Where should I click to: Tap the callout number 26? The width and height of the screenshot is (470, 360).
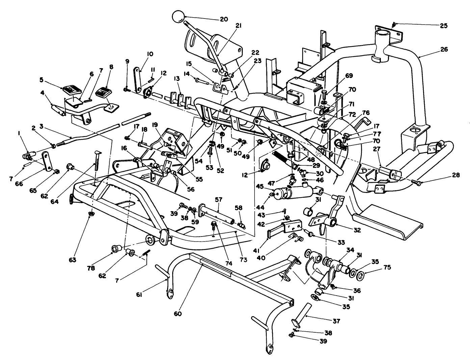pos(444,49)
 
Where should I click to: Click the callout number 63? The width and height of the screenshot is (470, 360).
pos(82,260)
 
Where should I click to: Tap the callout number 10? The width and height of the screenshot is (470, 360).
pos(150,54)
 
